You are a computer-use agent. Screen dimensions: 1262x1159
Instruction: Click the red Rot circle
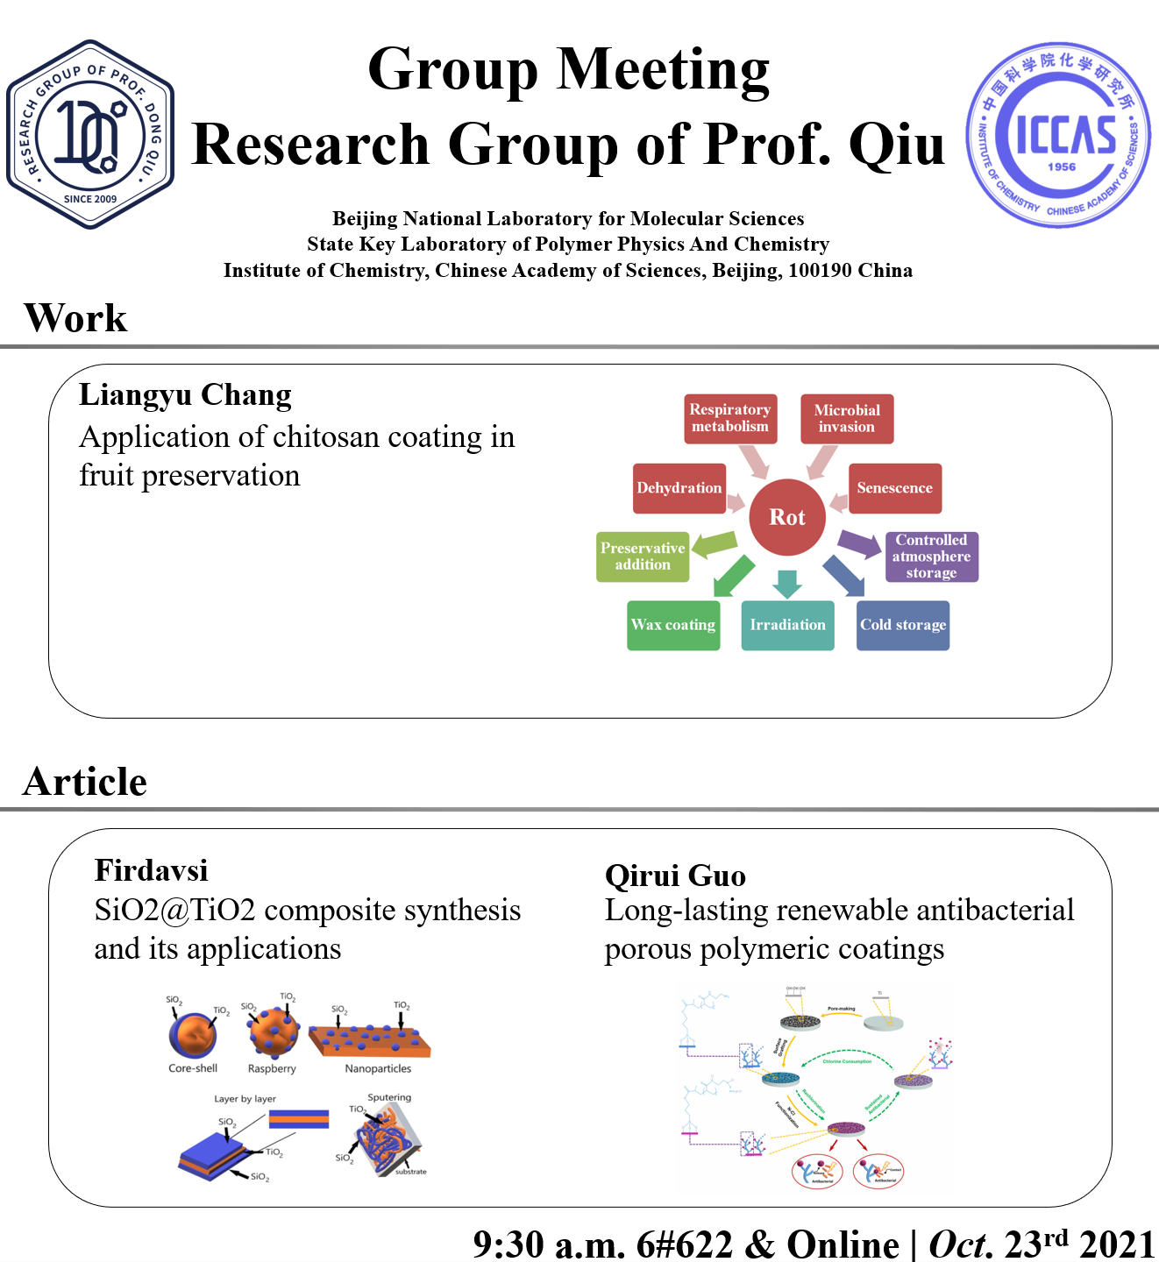(787, 517)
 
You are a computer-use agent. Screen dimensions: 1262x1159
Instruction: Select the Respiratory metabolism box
(730, 418)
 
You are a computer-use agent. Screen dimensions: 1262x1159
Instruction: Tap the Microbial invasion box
(847, 418)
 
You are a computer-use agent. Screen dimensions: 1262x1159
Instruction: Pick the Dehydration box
(679, 488)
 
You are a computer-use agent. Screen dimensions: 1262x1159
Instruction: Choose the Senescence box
(895, 488)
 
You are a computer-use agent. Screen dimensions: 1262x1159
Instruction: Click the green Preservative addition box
(643, 557)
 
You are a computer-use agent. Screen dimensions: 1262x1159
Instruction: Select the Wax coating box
(673, 625)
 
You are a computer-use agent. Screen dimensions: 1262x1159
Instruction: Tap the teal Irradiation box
(787, 625)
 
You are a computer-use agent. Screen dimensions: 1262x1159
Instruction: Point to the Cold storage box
(903, 625)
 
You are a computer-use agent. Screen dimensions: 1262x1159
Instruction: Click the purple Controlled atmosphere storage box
(931, 557)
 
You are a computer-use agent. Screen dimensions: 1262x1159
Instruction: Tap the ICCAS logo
(1058, 134)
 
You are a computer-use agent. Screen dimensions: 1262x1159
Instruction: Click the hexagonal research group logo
(90, 134)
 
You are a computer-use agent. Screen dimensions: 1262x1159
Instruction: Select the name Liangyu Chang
(185, 395)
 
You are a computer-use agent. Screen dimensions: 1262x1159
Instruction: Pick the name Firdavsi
(151, 870)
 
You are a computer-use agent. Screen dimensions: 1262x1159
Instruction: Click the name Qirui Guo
(675, 876)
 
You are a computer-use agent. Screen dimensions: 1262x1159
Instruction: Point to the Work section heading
(75, 318)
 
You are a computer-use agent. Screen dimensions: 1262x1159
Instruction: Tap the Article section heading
(85, 782)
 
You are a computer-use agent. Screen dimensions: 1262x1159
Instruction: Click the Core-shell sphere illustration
(192, 1035)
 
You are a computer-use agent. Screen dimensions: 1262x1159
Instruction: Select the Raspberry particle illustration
(273, 1032)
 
